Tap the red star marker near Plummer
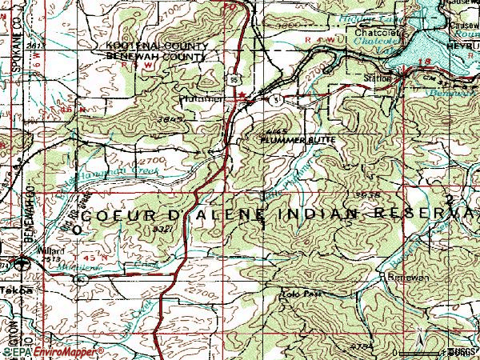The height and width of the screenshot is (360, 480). click(x=242, y=95)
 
